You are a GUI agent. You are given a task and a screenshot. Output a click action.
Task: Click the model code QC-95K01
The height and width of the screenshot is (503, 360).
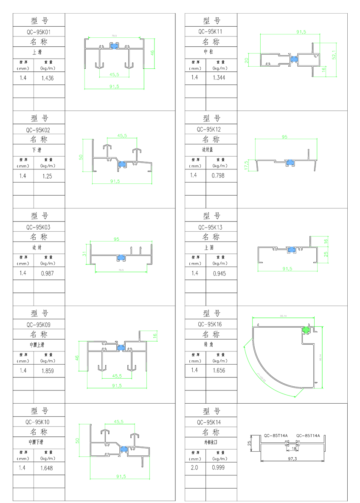click(39, 31)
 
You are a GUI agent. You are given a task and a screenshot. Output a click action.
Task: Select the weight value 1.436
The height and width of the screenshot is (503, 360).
click(48, 78)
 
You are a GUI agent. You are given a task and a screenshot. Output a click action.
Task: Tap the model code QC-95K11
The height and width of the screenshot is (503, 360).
click(210, 31)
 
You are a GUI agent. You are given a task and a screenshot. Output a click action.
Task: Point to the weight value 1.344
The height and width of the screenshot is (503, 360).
click(219, 77)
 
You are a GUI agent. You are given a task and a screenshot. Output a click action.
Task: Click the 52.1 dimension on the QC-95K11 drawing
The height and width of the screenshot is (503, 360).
click(334, 54)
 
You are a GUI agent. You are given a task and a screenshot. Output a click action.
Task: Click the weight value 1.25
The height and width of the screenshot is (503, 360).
click(47, 176)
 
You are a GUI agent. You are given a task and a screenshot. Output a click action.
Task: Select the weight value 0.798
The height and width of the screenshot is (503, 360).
click(218, 175)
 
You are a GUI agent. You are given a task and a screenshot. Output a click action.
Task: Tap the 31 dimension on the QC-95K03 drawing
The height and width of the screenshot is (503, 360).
click(84, 254)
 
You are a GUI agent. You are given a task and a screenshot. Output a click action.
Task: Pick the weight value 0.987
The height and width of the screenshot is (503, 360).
click(48, 273)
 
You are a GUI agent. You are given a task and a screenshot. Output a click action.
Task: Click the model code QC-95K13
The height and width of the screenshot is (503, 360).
click(210, 227)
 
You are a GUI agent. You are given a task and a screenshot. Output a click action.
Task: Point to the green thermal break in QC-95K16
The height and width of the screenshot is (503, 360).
click(305, 329)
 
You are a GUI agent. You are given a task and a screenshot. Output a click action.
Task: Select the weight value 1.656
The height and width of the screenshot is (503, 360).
click(219, 370)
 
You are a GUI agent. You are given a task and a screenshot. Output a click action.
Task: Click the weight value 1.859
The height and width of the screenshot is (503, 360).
click(48, 371)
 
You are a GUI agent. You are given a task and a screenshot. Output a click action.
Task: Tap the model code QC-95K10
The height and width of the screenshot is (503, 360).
click(39, 422)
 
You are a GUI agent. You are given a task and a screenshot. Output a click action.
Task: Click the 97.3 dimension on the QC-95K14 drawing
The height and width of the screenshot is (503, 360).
click(292, 459)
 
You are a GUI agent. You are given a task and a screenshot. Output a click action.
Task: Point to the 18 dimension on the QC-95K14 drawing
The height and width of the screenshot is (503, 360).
click(294, 449)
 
